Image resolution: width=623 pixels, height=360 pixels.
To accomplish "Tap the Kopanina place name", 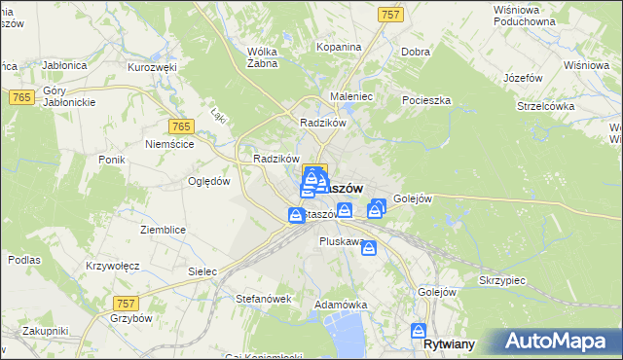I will (x=340, y=47).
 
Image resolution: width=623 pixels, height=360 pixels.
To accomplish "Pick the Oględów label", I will (x=207, y=181).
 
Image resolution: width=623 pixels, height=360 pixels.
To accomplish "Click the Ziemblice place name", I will (x=163, y=229).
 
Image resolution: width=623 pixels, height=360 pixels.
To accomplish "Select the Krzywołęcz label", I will (x=113, y=266).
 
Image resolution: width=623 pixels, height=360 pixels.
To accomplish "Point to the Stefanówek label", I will (x=264, y=299).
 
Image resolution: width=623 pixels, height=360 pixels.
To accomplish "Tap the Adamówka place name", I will (x=340, y=305).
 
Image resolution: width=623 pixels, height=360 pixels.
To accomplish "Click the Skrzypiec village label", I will (x=502, y=279).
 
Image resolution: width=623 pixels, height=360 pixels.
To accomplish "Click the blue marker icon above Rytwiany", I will (x=420, y=330).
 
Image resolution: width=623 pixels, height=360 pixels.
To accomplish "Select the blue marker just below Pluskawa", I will (x=368, y=249).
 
